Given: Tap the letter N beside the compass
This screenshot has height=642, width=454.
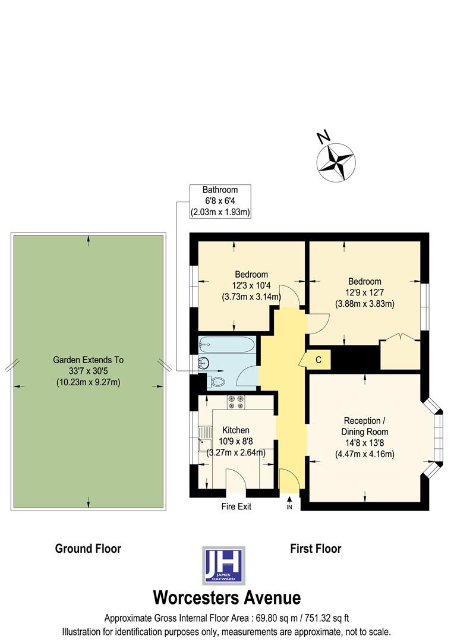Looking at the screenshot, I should click(x=323, y=137).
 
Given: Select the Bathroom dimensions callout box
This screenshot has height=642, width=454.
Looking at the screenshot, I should click(x=220, y=201).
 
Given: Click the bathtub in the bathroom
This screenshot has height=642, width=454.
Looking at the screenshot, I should click(x=227, y=344).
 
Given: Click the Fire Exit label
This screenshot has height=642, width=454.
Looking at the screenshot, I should click(x=236, y=506).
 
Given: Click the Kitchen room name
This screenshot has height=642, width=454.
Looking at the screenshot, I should click(x=236, y=430).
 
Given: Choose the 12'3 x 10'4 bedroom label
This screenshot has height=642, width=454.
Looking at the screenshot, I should click(x=251, y=285).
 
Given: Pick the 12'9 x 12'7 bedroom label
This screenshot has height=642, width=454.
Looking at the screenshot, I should click(x=365, y=292).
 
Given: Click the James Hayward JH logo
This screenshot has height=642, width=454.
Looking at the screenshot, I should click(x=223, y=565).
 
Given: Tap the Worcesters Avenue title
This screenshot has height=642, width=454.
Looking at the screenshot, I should click(x=226, y=597).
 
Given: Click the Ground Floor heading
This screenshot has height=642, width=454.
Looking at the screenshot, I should click(x=88, y=548).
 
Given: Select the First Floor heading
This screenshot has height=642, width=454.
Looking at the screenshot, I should click(x=316, y=548).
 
